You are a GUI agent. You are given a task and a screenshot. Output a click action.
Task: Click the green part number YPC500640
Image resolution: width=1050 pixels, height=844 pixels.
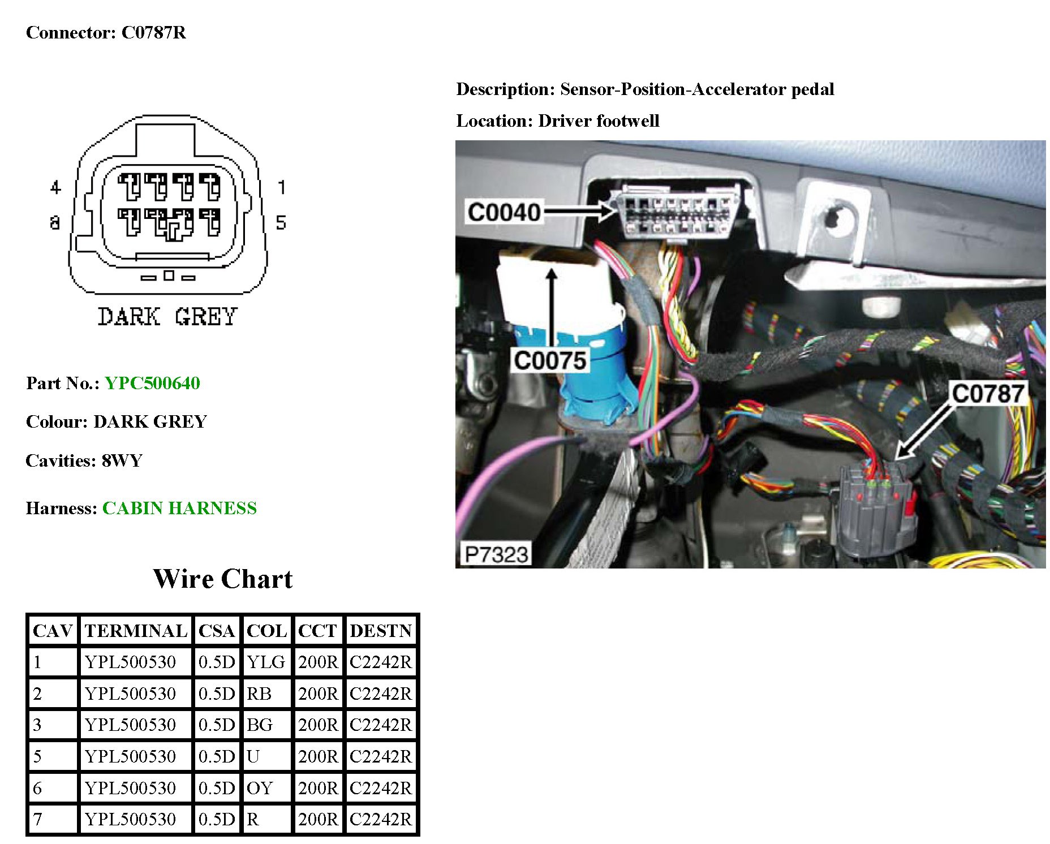(152, 383)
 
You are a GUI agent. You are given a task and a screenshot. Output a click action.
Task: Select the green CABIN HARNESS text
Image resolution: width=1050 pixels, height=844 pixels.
(179, 508)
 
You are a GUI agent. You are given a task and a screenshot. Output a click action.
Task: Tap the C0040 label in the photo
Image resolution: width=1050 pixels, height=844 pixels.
(504, 212)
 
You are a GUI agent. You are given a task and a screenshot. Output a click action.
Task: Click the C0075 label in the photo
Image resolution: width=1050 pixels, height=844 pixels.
(549, 360)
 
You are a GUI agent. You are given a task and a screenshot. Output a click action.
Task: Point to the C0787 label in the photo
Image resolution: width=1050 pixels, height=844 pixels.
(988, 393)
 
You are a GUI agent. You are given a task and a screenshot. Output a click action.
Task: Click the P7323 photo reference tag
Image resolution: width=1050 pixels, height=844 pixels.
(496, 554)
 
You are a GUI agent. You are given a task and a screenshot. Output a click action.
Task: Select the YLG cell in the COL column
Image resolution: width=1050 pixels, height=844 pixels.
(265, 662)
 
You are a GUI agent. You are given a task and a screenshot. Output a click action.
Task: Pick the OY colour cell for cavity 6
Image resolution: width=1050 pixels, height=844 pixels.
(260, 787)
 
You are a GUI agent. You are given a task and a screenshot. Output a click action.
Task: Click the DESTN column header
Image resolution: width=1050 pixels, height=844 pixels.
(381, 630)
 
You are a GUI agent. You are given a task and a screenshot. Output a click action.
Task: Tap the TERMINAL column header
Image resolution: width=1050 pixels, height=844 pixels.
(136, 630)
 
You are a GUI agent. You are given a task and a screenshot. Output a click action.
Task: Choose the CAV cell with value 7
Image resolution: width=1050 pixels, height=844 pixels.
(37, 819)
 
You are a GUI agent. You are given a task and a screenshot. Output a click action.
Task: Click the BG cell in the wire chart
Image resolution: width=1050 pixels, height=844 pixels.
(260, 725)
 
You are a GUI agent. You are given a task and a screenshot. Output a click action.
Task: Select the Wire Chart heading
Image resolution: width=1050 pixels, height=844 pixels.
(222, 579)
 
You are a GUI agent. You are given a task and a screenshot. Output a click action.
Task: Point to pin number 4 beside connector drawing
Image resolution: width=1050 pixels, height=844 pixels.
(55, 187)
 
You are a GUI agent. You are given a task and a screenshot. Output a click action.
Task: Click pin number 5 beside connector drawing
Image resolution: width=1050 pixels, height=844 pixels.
(281, 222)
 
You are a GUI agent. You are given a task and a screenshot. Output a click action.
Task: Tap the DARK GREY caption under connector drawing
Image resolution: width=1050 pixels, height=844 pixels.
(167, 317)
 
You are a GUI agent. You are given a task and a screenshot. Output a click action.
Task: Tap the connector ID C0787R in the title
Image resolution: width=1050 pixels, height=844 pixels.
(153, 32)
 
